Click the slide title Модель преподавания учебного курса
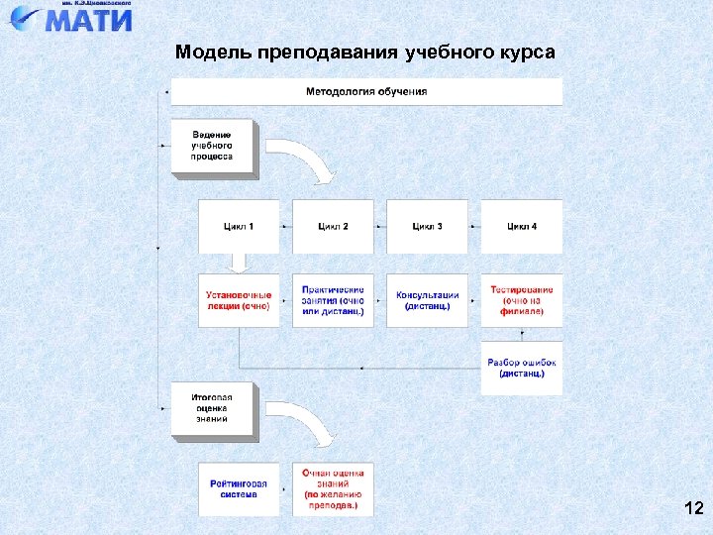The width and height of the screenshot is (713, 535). pos(364,52)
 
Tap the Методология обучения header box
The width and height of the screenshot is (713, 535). pos(366,91)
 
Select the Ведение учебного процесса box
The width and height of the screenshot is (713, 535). pos(213,146)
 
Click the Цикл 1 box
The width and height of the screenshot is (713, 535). pos(239,226)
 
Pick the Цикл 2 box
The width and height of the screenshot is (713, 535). pos(333,226)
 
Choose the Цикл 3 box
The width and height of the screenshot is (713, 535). pos(427,226)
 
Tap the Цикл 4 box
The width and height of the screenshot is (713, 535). pos(522,226)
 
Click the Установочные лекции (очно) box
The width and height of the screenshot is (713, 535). pos(239,300)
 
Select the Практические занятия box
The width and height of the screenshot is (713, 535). pos(333,300)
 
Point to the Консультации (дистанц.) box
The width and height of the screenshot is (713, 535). pos(427,300)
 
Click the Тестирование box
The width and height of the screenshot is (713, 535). pos(522,300)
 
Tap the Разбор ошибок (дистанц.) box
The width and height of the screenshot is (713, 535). pos(522,368)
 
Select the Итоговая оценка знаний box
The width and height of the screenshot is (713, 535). pos(213,408)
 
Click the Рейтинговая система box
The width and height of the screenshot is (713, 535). pos(239,487)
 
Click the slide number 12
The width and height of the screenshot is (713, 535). pos(693,509)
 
